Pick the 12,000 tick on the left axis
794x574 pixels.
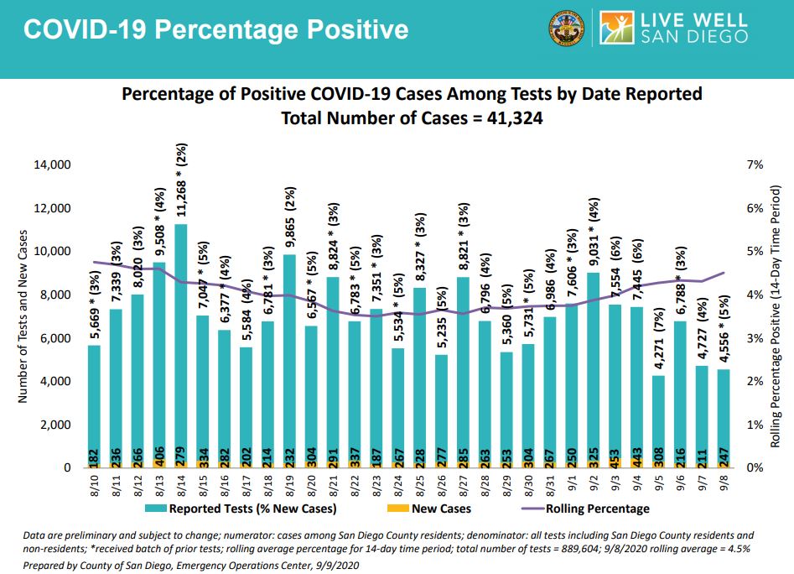click(51, 208)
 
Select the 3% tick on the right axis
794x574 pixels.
click(755, 338)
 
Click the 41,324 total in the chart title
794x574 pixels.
click(512, 119)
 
